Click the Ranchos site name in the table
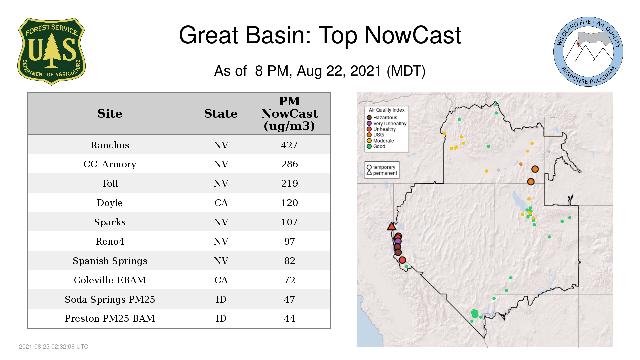pos(110,145)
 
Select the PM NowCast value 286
pos(289,164)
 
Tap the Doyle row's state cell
pos(221,203)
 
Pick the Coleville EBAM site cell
pos(110,280)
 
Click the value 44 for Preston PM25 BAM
pos(289,318)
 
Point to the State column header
pos(221,114)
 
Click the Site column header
pos(110,114)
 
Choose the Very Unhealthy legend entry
pos(387,123)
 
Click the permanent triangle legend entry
pos(382,173)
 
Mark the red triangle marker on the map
pos(392,227)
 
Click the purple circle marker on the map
pos(398,241)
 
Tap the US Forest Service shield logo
pos(51,52)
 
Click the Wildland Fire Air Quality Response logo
pos(588,52)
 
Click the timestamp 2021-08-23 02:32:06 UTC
pos(54,347)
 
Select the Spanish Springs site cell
pos(110,261)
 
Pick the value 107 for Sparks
pos(289,222)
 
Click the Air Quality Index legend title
pos(386,110)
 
